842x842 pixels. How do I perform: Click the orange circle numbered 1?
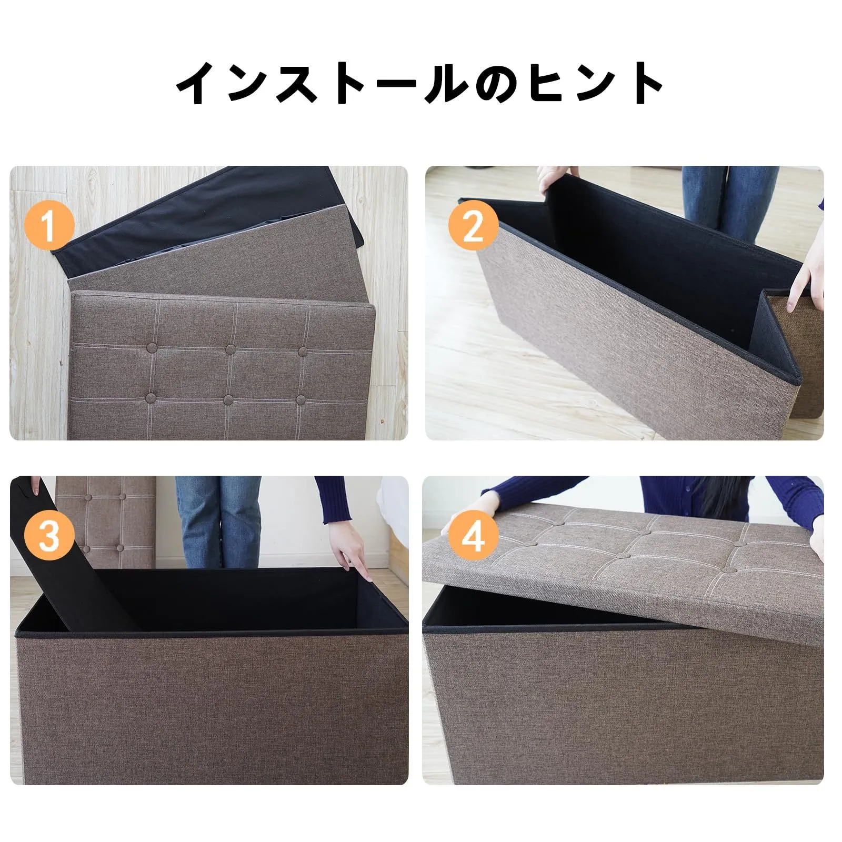coord(48,226)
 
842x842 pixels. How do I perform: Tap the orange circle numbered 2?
coord(473,227)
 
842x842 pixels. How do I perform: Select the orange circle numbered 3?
coord(49,535)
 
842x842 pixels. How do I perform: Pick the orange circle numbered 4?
coord(473,535)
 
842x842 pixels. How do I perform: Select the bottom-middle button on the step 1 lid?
coord(230,399)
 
